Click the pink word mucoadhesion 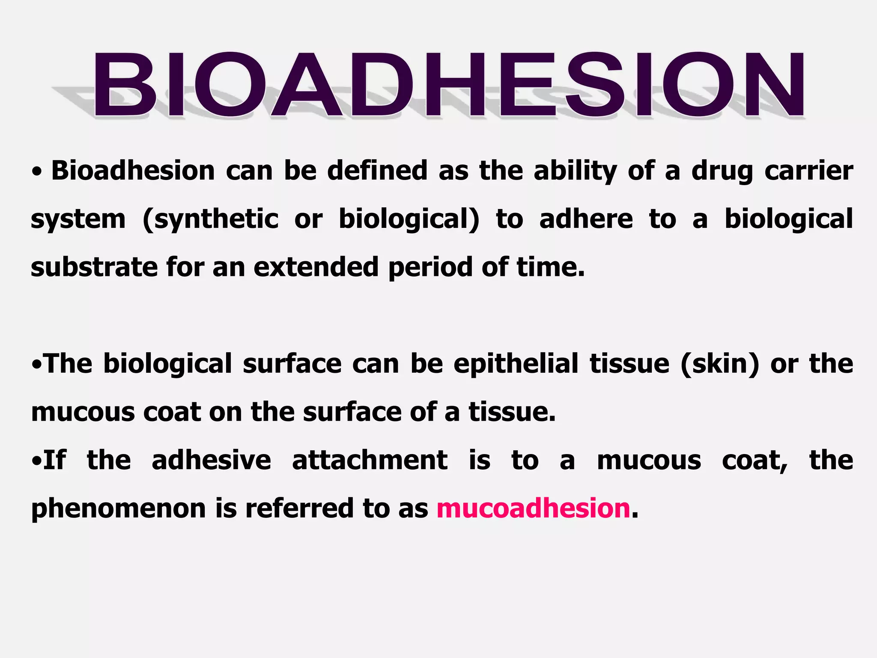click(533, 508)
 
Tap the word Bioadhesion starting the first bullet click(133, 171)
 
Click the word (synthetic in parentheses click(210, 219)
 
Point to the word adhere click(586, 219)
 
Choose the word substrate click(95, 267)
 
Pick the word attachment click(370, 461)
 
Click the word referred click(299, 508)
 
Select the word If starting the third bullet click(55, 461)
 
